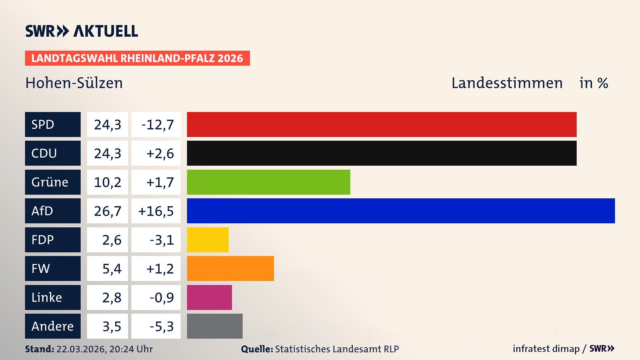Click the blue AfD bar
[401, 211]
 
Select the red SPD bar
[382, 124]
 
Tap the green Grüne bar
[268, 182]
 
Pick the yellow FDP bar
[208, 240]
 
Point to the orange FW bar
[230, 268]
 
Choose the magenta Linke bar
[209, 297]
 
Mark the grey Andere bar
[215, 326]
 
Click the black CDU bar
[382, 153]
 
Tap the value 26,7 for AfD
[107, 211]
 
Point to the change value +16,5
[156, 211]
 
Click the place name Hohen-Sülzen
[74, 83]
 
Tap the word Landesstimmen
[507, 83]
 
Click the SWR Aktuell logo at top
[82, 31]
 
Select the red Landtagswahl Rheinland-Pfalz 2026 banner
[137, 58]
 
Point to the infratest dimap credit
[546, 349]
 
